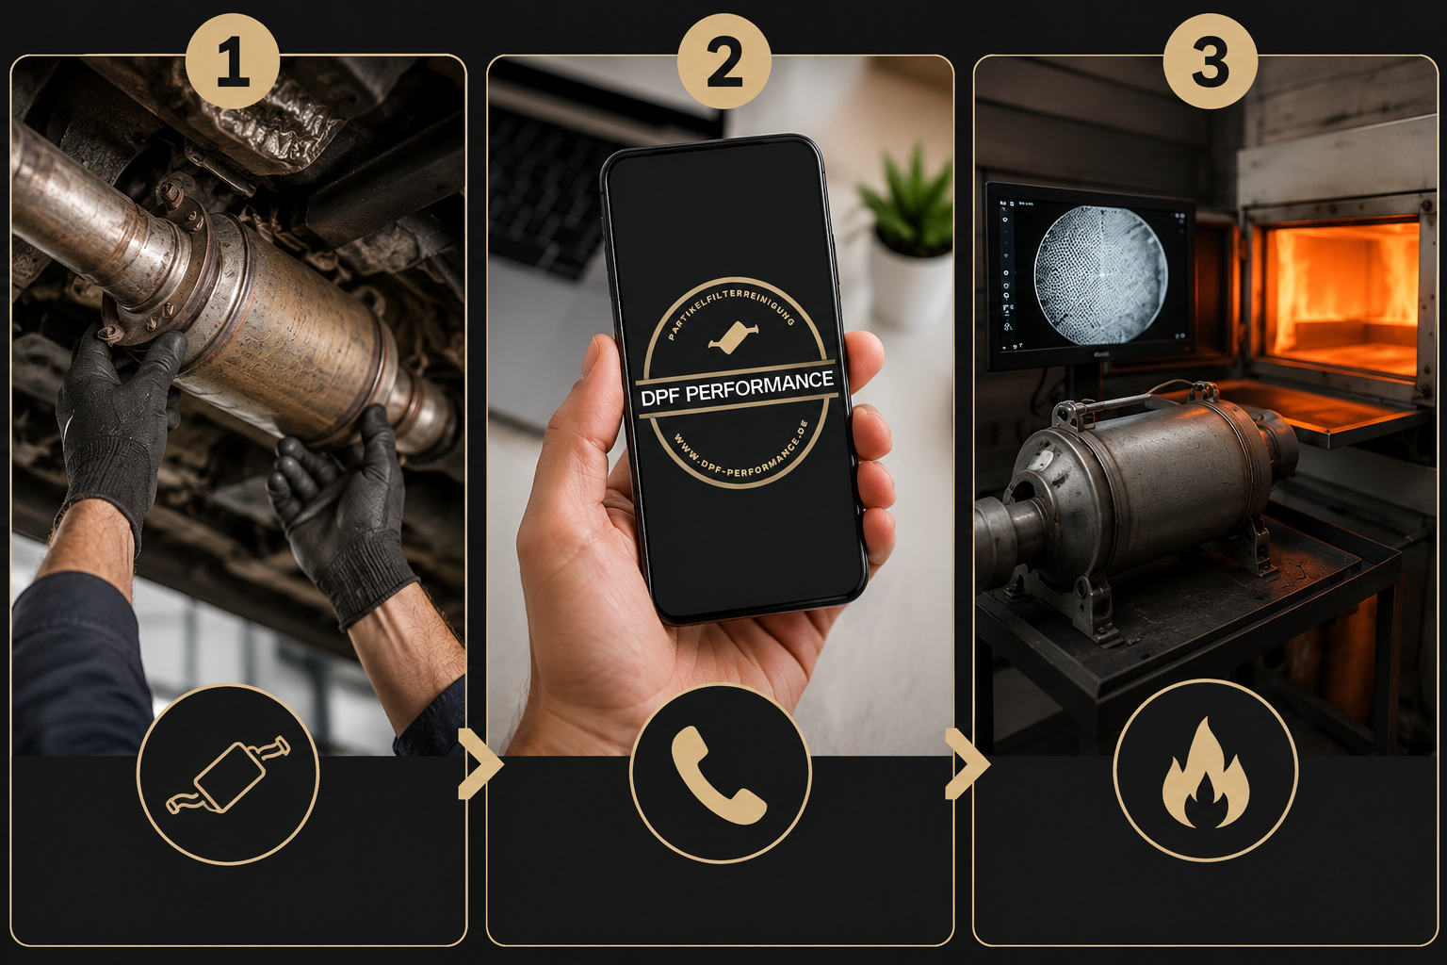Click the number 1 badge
coord(233,61)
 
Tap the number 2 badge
coord(724,61)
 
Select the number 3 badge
coord(1210,61)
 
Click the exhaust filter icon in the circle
coord(228,775)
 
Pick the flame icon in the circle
coord(1206,772)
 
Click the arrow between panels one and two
coord(480,764)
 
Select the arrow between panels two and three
coord(967,764)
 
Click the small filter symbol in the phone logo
coord(733,336)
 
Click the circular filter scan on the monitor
coord(1100,274)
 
